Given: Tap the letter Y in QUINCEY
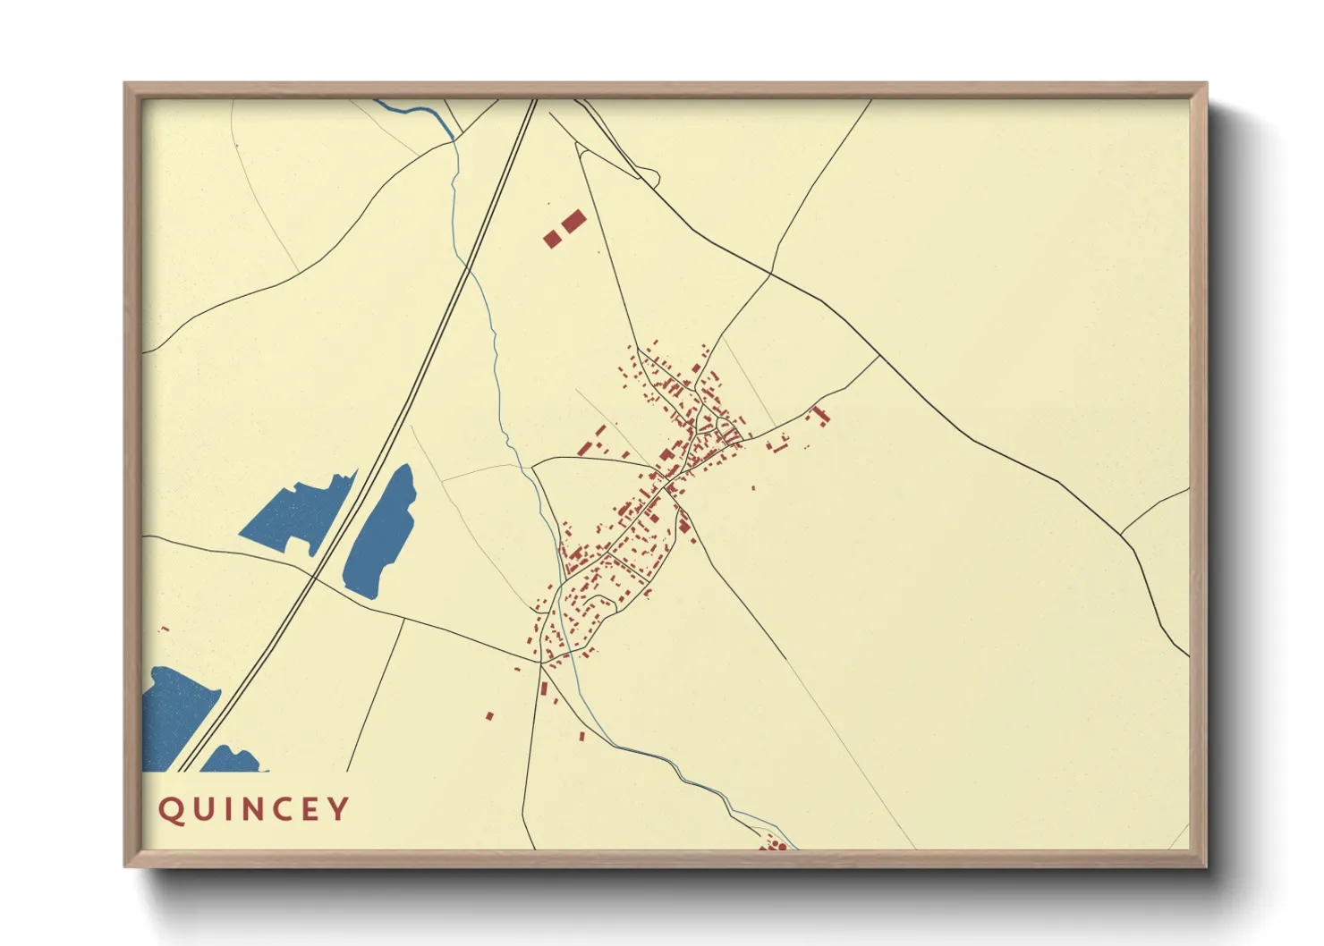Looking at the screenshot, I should point(339,808).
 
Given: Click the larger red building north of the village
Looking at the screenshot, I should point(573,221).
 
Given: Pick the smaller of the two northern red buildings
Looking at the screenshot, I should point(552,239).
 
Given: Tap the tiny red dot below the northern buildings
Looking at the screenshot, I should point(599,252).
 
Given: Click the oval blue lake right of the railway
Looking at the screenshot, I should point(382,531).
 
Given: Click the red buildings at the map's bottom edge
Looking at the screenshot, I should point(774,842).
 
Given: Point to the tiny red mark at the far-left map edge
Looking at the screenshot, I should point(164,629).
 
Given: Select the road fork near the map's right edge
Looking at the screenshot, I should point(1122,534).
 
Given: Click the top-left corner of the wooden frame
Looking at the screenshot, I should point(125,84).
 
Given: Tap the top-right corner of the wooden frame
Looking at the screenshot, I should point(1207,84).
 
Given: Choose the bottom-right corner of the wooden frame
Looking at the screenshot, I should point(1207,866).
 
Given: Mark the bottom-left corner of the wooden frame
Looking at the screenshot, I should point(125,866).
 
